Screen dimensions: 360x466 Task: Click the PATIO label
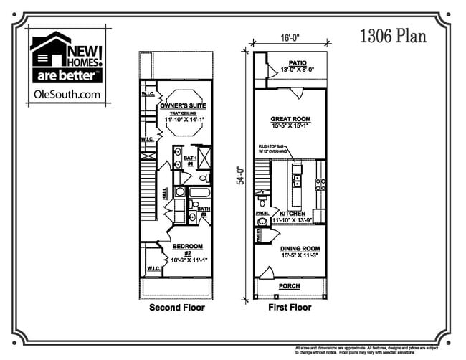point(298,63)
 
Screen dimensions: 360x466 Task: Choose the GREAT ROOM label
point(290,119)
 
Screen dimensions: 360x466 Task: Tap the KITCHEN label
point(293,214)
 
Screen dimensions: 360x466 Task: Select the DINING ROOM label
point(290,248)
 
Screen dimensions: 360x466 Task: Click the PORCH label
point(290,286)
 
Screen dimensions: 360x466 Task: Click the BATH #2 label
point(203,212)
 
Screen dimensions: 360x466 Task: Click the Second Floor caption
point(176,308)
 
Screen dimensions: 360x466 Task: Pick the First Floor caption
point(290,308)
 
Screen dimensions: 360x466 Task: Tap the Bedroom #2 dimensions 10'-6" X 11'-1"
point(188,260)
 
